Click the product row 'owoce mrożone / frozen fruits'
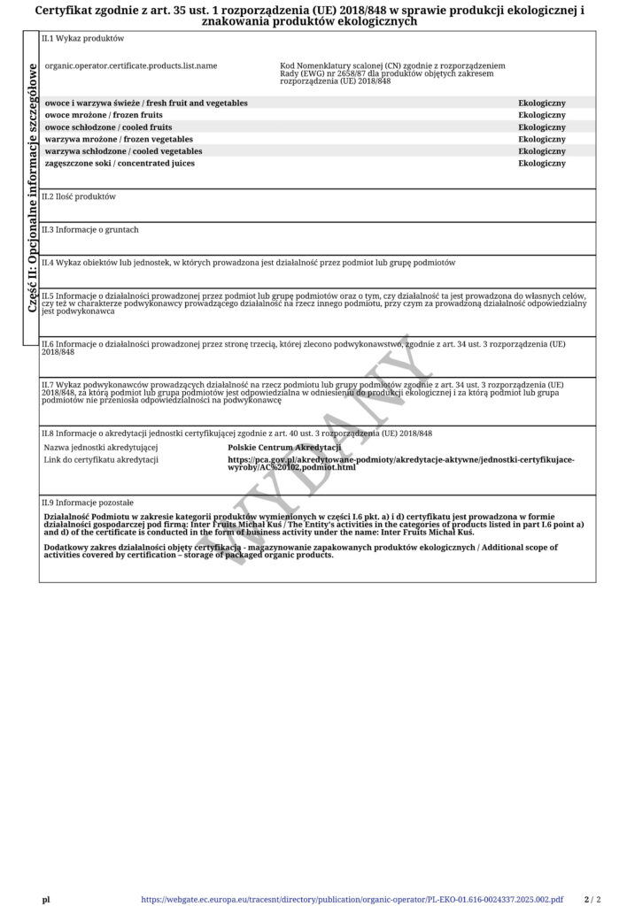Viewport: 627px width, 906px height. click(104, 115)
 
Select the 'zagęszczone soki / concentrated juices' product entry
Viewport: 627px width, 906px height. click(120, 163)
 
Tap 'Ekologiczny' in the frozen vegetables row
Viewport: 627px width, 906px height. click(541, 139)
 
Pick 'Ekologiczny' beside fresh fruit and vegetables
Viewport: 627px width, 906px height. click(541, 104)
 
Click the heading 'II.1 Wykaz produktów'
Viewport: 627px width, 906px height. click(83, 39)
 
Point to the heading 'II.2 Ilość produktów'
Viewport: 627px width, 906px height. click(79, 196)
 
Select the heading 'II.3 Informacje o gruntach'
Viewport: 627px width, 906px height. click(90, 229)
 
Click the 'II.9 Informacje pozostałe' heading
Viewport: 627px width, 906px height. click(88, 502)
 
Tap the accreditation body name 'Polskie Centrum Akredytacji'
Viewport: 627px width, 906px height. click(284, 448)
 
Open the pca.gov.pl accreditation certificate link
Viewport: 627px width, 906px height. click(400, 463)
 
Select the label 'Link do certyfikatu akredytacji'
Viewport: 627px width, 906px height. click(101, 459)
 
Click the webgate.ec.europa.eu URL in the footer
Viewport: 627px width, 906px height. click(352, 899)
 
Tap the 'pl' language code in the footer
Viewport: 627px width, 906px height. click(46, 899)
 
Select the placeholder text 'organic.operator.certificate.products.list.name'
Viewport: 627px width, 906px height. click(130, 66)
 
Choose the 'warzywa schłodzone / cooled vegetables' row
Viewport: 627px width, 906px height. click(123, 151)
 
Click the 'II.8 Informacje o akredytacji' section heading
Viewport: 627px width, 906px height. click(236, 434)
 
